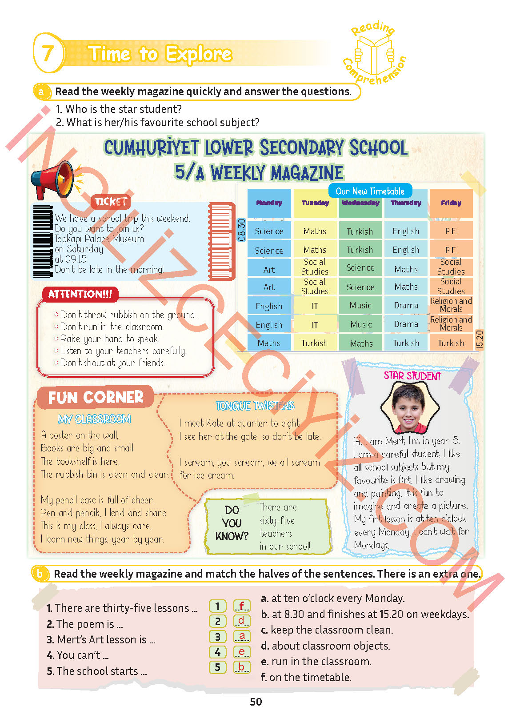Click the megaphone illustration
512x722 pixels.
52,179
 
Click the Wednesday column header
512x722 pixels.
360,203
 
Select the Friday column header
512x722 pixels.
451,203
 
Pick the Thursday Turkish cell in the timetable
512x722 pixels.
406,343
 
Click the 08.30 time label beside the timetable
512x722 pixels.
242,230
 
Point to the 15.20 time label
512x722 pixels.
480,339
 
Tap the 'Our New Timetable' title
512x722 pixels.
370,191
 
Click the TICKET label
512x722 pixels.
111,202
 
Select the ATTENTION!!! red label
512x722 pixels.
80,294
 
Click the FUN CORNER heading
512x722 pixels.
96,397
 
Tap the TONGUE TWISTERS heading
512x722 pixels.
255,406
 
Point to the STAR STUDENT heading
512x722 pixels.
412,376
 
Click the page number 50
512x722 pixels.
256,702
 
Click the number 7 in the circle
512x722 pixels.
48,53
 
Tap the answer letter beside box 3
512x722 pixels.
242,636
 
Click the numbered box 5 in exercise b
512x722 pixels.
218,667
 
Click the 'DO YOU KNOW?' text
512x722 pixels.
232,523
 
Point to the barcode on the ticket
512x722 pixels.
43,241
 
